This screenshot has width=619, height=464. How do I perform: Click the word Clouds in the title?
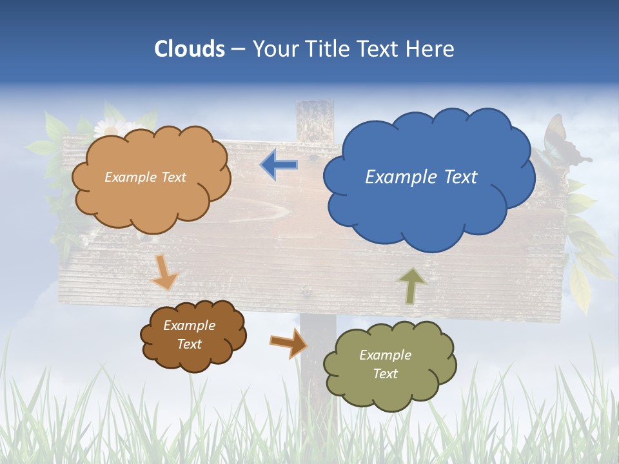coord(190,49)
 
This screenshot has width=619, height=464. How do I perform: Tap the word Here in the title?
coord(431,49)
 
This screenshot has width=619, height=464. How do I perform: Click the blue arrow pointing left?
coord(279,164)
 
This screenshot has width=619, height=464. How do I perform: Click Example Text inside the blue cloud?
coord(421,177)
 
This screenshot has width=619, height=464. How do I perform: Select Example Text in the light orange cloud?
coord(145,177)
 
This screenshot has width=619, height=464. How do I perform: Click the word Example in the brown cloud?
coord(189,325)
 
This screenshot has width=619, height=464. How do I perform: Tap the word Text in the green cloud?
coord(385,374)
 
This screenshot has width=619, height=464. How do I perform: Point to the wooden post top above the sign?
coord(314,119)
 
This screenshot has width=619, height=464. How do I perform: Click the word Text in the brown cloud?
coord(189,344)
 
